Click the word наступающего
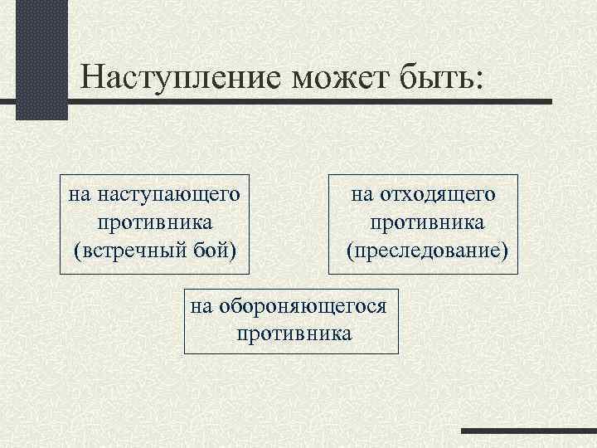pyautogui.click(x=168, y=196)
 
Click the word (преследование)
pyautogui.click(x=426, y=249)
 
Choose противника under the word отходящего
pyautogui.click(x=427, y=222)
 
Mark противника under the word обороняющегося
pyautogui.click(x=294, y=334)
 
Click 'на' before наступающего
pyautogui.click(x=80, y=196)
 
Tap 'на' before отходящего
pyautogui.click(x=363, y=194)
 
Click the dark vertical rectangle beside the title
pyautogui.click(x=42, y=58)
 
